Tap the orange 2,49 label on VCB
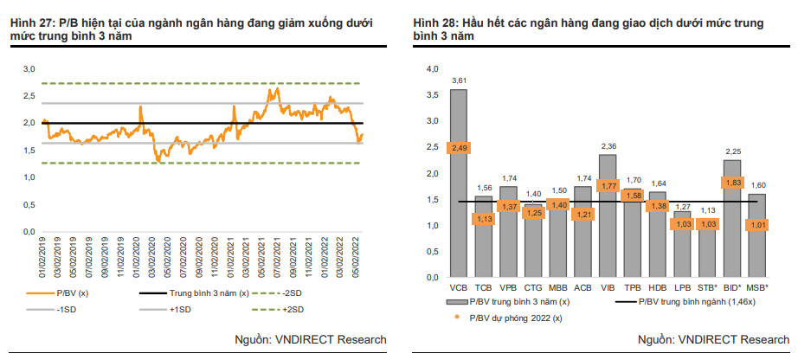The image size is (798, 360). click(459, 148)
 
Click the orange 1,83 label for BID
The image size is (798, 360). click(732, 183)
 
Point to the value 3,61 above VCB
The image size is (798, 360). click(459, 80)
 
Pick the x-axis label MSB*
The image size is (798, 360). click(757, 286)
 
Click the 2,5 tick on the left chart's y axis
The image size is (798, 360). click(29, 95)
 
